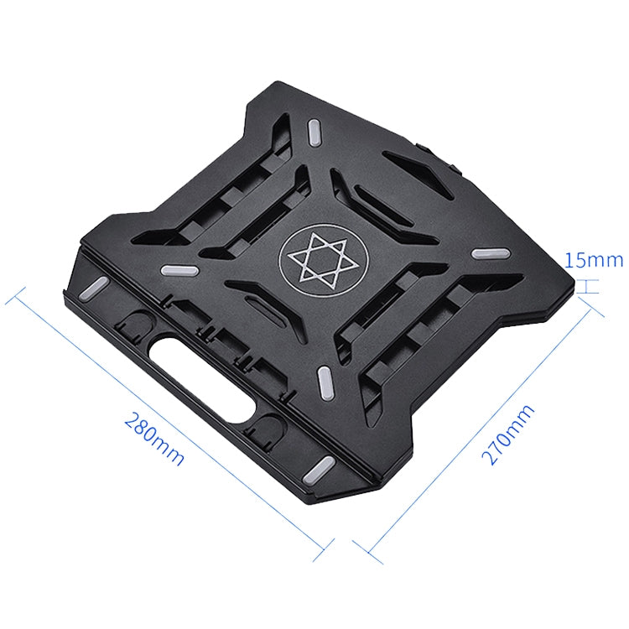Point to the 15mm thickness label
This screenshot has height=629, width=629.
(x=594, y=260)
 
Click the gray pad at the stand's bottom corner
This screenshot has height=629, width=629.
(x=322, y=467)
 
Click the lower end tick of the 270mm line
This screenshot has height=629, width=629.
(x=362, y=552)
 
